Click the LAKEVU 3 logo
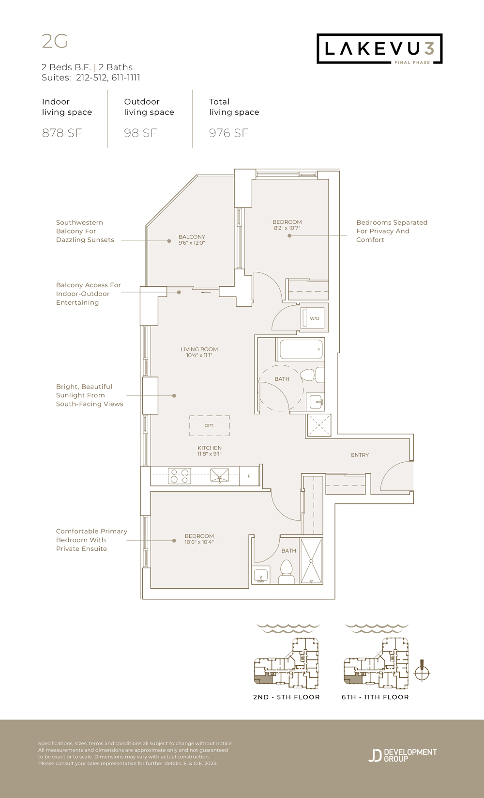379,49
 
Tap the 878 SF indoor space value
62,133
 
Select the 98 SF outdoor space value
140,133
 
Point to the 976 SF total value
228,133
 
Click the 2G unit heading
54,41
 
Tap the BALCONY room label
192,237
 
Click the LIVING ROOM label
199,349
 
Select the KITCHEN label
210,448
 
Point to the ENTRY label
360,455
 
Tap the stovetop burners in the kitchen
179,476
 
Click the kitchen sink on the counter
219,476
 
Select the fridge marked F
249,476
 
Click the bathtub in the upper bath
301,349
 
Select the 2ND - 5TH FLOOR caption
287,697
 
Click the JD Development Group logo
403,755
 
